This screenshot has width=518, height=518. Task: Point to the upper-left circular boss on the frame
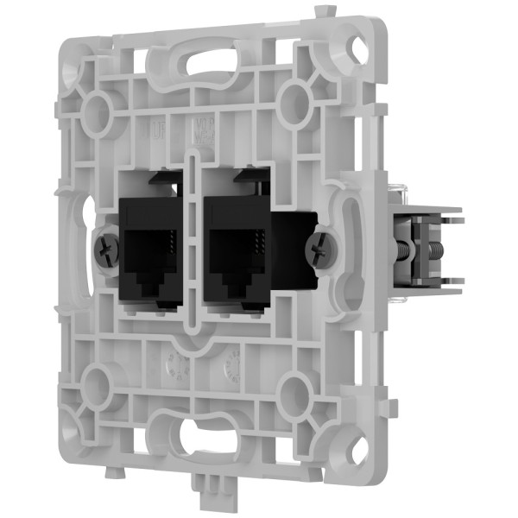click(95, 107)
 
